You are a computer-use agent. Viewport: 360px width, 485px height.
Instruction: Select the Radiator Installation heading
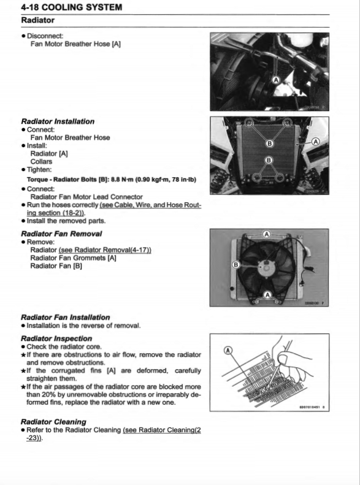pyautogui.click(x=58, y=121)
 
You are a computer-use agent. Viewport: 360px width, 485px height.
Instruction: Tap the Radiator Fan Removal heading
pyautogui.click(x=61, y=234)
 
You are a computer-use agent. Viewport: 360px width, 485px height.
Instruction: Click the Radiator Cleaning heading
pyautogui.click(x=53, y=422)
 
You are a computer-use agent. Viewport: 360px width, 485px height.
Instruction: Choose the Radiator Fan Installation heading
pyautogui.click(x=66, y=317)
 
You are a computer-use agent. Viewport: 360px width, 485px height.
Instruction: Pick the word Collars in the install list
pyautogui.click(x=41, y=162)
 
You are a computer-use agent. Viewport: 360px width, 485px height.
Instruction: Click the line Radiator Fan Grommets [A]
pyautogui.click(x=73, y=258)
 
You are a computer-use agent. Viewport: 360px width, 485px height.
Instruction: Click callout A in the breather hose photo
pyautogui.click(x=275, y=80)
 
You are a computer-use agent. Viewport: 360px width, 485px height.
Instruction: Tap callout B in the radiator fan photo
pyautogui.click(x=236, y=264)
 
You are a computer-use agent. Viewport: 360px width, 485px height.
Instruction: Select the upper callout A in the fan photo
pyautogui.click(x=267, y=234)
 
